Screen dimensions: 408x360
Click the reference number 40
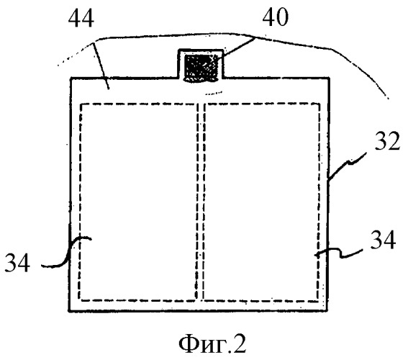click(x=276, y=17)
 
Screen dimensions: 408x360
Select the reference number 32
click(x=387, y=141)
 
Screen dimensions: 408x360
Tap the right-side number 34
click(x=383, y=240)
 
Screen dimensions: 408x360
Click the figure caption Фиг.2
click(x=212, y=344)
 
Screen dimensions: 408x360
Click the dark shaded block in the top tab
click(x=201, y=68)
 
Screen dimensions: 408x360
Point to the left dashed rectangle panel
click(x=138, y=202)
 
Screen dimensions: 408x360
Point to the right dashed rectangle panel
click(x=261, y=202)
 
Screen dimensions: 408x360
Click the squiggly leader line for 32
click(x=346, y=166)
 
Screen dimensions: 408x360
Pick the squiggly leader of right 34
click(x=338, y=252)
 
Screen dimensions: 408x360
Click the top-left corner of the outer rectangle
click(x=71, y=78)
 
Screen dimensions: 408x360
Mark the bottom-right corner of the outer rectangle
click(x=327, y=310)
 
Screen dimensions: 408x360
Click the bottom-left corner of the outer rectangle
click(x=69, y=310)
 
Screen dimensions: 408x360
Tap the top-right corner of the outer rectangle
click(x=329, y=78)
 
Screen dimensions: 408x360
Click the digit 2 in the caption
click(x=240, y=344)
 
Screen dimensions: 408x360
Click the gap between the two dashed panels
click(x=201, y=202)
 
